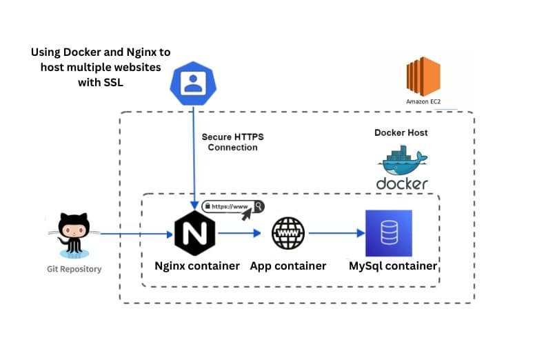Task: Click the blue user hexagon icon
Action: pyautogui.click(x=196, y=82)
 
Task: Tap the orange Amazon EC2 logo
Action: pyautogui.click(x=423, y=76)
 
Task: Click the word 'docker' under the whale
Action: pyautogui.click(x=402, y=183)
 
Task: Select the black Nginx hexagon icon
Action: pyautogui.click(x=195, y=233)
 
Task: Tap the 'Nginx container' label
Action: pyautogui.click(x=196, y=266)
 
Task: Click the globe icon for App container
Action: pyautogui.click(x=288, y=233)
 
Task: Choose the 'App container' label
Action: pyautogui.click(x=288, y=266)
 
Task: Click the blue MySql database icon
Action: pyautogui.click(x=388, y=233)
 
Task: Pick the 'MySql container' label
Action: pyautogui.click(x=393, y=266)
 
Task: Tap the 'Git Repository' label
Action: pyautogui.click(x=74, y=269)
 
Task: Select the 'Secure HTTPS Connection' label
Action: pyautogui.click(x=232, y=142)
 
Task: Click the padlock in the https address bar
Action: pyautogui.click(x=207, y=206)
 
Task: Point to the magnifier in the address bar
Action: pyautogui.click(x=258, y=206)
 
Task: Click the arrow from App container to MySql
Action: pyautogui.click(x=336, y=233)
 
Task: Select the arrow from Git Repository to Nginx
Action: pyautogui.click(x=134, y=234)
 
